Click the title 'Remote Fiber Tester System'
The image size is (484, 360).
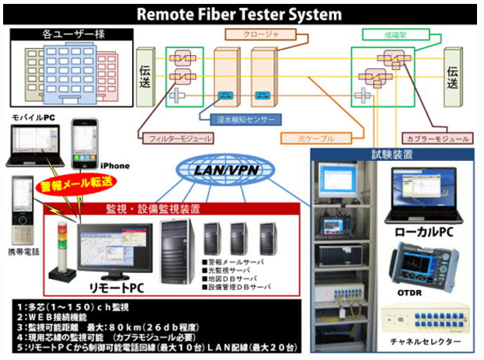pyautogui.click(x=241, y=14)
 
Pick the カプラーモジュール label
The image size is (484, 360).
pyautogui.click(x=437, y=138)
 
